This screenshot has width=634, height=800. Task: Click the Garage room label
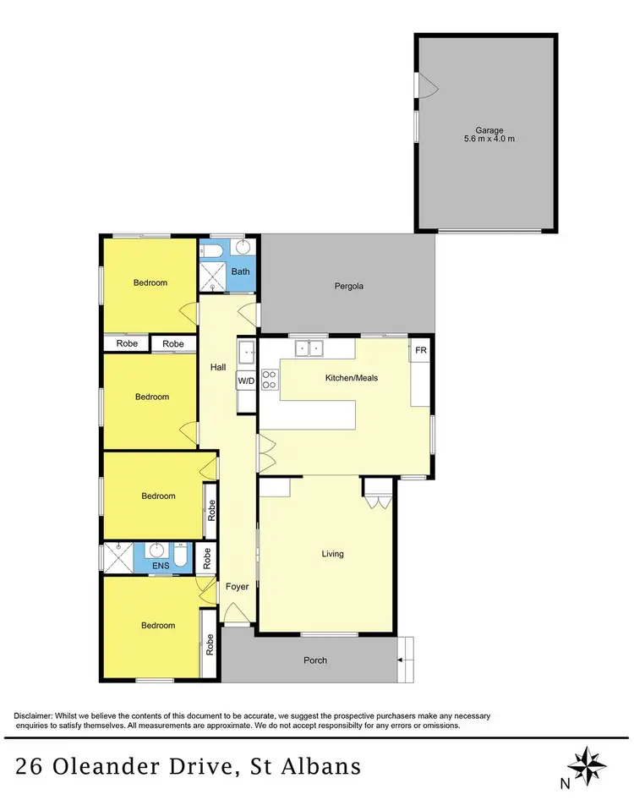[x=489, y=131]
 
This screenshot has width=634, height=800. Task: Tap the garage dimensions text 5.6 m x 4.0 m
[x=489, y=140]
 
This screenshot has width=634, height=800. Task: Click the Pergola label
[x=348, y=286]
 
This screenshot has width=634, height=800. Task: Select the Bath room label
[x=241, y=271]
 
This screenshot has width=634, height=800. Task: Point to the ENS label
[x=159, y=567]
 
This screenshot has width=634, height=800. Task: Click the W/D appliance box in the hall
[x=246, y=381]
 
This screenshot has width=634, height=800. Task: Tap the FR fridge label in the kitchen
[x=420, y=349]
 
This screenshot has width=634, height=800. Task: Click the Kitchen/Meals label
[x=351, y=378]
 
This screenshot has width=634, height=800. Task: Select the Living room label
[x=332, y=554]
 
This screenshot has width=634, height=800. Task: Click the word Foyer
[x=236, y=587]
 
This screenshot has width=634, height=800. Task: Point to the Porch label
[x=314, y=660]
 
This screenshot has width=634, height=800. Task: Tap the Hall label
[x=217, y=367]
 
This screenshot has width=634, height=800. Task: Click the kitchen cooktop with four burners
[x=270, y=380]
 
